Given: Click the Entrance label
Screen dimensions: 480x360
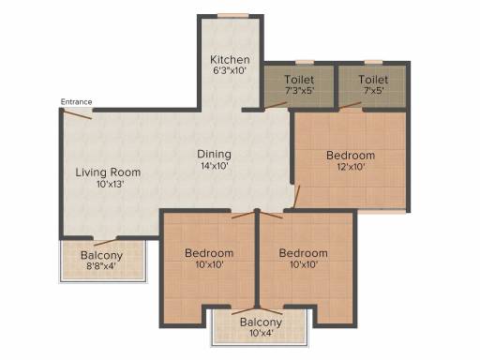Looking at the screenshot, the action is (76, 102).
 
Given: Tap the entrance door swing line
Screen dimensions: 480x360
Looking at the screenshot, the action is (77, 113).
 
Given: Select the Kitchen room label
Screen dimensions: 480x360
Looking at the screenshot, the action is (230, 59).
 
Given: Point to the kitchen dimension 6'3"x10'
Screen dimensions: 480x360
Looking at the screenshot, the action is (230, 70).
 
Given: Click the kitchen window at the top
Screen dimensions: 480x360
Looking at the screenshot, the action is (233, 16).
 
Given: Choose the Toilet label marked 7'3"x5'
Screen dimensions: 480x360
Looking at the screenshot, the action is (299, 80).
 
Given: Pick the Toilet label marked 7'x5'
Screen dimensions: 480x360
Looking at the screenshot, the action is (373, 80).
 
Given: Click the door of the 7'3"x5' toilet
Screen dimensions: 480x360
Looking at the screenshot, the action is (276, 106).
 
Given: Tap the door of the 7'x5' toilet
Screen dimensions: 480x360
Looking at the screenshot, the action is (351, 105).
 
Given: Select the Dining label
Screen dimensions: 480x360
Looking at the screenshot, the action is (215, 154).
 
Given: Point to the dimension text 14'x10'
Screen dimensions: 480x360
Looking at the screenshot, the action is (215, 166).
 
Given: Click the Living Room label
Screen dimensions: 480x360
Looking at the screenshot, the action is (108, 172).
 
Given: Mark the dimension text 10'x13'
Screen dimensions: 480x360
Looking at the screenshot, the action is (111, 184).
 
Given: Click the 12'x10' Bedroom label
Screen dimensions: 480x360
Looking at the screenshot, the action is (351, 156).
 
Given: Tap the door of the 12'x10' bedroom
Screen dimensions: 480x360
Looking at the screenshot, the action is (296, 197).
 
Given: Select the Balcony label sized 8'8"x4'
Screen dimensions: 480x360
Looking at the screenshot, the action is (101, 255).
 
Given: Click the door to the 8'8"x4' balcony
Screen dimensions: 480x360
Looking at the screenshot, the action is (105, 242).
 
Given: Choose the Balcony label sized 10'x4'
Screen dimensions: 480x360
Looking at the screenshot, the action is (261, 322).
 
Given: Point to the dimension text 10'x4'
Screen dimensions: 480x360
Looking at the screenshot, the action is (262, 333).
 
